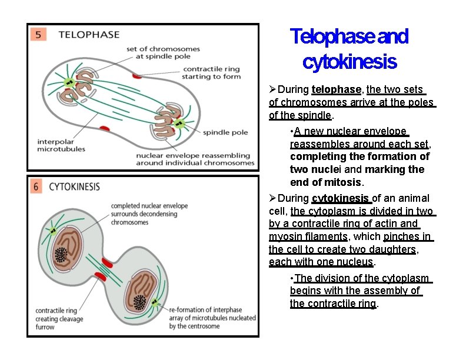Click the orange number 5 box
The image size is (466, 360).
[38, 35]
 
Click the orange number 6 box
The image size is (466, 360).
[36, 186]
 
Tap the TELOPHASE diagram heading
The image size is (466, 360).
[89, 35]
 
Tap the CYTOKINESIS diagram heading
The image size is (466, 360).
[74, 187]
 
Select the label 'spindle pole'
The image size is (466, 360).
[225, 133]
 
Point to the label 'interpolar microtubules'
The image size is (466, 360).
[61, 145]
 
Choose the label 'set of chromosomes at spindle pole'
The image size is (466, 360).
[163, 53]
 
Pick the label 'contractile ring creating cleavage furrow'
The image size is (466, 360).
[59, 319]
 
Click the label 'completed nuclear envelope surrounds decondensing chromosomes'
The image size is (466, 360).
[149, 214]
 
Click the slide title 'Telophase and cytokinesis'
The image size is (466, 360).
[349, 48]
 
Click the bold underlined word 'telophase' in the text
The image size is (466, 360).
[336, 89]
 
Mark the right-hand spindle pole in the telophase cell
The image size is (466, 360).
[179, 124]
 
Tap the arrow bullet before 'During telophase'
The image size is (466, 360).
[272, 89]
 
